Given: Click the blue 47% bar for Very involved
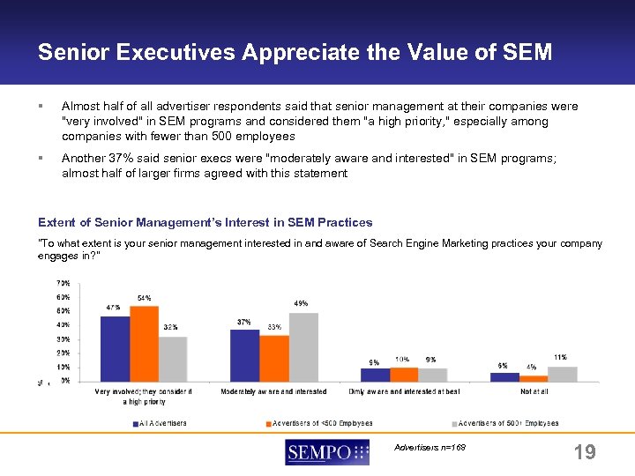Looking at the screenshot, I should (x=115, y=348).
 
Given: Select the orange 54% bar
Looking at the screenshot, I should (x=144, y=344).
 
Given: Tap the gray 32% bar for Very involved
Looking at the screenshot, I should (x=173, y=359).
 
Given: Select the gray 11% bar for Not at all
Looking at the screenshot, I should (x=563, y=374).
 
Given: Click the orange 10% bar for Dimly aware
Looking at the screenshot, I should (x=404, y=375).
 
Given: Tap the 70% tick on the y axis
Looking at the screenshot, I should (x=63, y=283).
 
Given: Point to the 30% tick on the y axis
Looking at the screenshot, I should (x=63, y=339).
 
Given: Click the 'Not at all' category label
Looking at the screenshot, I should (x=534, y=391).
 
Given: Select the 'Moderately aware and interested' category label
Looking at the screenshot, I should (x=273, y=391).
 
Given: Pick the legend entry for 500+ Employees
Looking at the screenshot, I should (x=506, y=423).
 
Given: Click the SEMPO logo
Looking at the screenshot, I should (x=327, y=453).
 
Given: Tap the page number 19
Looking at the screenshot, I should (x=584, y=452).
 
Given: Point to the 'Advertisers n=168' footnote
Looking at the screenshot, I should (x=430, y=447).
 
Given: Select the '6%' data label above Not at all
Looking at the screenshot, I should (x=503, y=365).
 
